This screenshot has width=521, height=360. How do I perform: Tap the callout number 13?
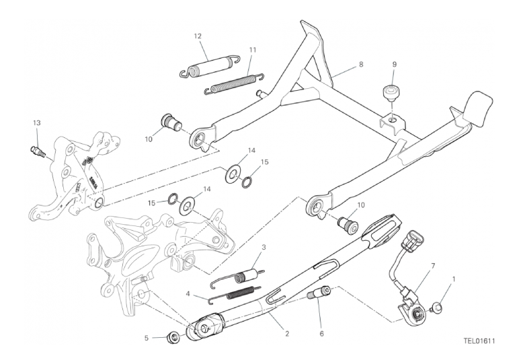tap(36, 122)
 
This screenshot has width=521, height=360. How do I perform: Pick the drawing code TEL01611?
tap(479, 341)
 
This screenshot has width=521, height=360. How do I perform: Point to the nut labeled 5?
tap(173, 336)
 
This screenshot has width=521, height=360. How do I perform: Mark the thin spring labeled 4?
tap(232, 294)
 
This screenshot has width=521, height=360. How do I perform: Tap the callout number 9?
tap(395, 65)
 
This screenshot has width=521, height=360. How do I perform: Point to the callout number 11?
tap(252, 49)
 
